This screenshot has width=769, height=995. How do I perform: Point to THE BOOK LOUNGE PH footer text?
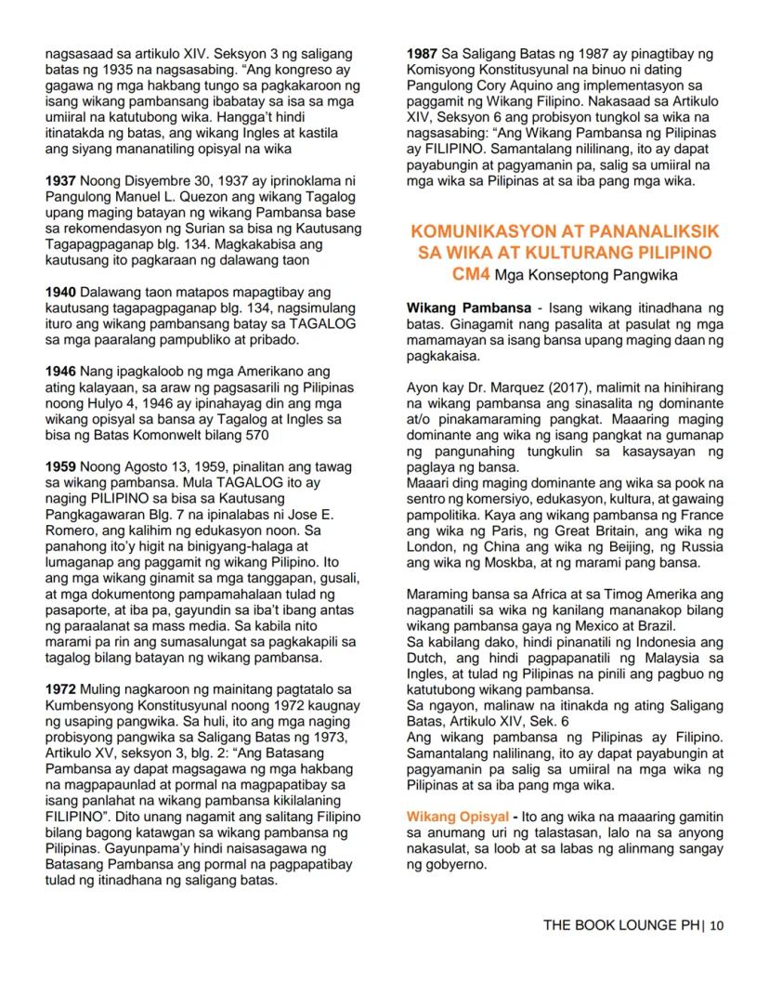(621, 924)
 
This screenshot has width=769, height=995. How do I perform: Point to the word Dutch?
(427, 656)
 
